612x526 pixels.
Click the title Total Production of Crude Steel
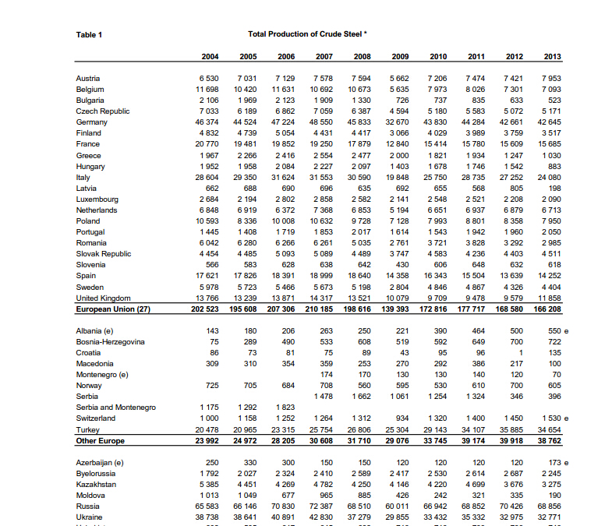[306, 34]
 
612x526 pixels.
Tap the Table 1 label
[89, 34]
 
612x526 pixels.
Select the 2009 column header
[400, 57]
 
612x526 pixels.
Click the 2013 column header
[552, 57]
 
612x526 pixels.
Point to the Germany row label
[92, 122]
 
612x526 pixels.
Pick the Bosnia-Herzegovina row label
[110, 342]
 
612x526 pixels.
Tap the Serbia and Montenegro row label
[115, 408]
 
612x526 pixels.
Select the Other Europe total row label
[101, 440]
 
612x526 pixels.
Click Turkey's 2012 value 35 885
[511, 429]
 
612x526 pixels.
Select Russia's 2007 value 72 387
[321, 506]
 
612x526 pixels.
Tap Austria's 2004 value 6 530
[209, 79]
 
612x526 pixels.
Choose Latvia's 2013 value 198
[554, 188]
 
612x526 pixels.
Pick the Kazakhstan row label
[96, 484]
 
